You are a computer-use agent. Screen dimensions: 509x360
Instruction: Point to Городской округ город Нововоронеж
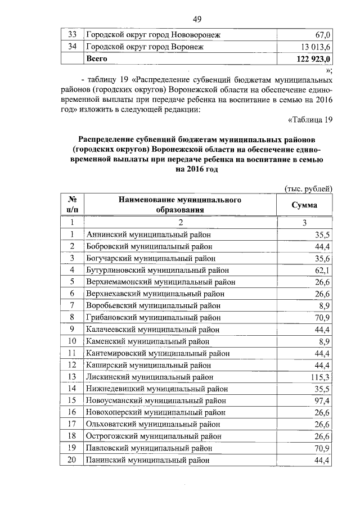153,35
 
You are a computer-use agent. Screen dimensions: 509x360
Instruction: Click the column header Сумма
304,205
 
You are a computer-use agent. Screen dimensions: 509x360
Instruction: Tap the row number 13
72,376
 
